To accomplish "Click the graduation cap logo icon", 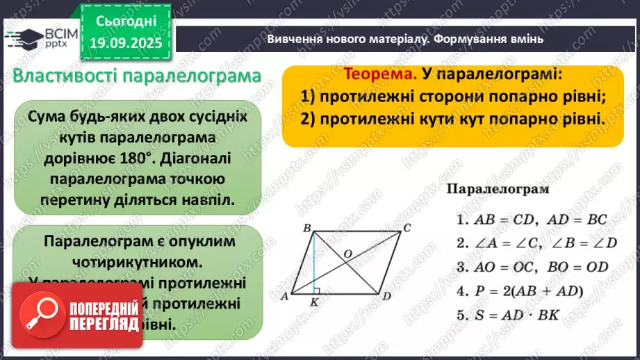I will tap(23, 35).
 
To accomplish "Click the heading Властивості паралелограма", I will tap(136, 76).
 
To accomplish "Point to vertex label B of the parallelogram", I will tap(306, 227).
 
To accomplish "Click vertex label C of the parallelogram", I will tap(407, 227).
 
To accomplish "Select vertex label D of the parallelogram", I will tap(386, 297).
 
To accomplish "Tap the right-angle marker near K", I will tap(317, 291).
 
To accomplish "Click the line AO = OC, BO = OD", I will tap(532, 266).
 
